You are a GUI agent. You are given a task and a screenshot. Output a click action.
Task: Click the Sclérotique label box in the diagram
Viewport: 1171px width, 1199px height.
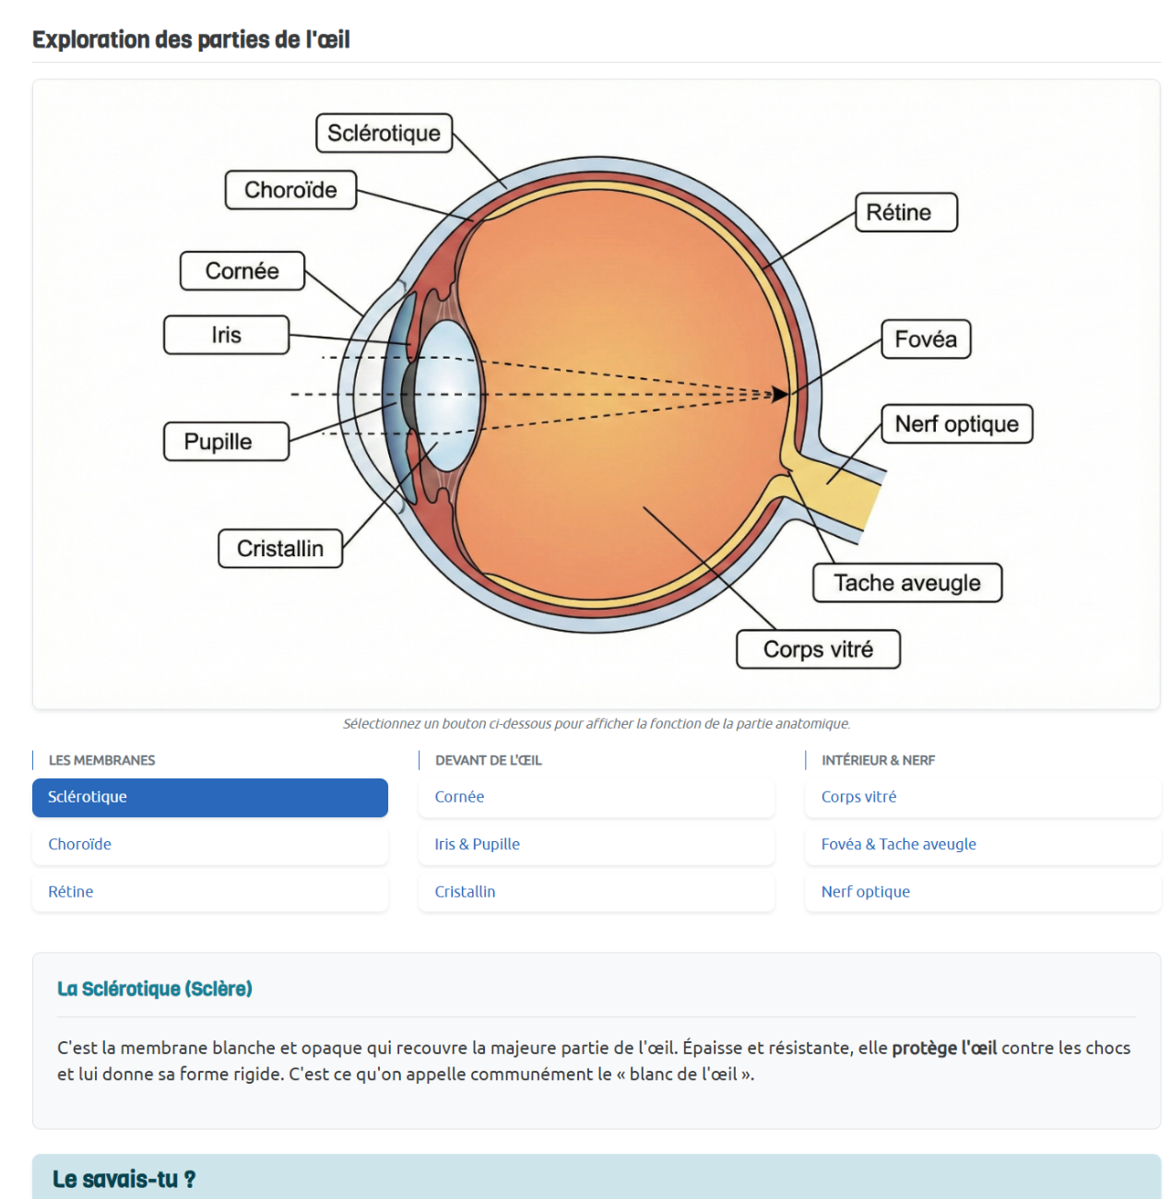click(x=384, y=134)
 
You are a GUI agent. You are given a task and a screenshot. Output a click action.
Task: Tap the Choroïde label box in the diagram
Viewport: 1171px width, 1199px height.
click(x=290, y=190)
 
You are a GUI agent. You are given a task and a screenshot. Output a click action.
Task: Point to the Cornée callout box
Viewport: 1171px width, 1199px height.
click(x=242, y=271)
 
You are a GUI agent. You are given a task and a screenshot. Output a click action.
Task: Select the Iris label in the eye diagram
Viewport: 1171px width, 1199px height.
click(x=226, y=335)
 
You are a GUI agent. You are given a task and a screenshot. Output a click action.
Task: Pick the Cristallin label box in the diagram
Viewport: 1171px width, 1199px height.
click(x=280, y=549)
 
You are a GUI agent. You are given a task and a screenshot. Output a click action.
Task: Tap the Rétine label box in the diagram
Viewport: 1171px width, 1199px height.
click(x=906, y=212)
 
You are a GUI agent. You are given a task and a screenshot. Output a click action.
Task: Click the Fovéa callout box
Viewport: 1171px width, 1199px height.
click(x=926, y=339)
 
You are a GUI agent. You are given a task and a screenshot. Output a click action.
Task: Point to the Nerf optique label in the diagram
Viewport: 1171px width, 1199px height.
click(x=956, y=424)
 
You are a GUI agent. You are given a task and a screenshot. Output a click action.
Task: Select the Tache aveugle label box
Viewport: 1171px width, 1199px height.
click(x=906, y=583)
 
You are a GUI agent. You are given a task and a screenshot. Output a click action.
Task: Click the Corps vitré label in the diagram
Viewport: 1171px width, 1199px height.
click(x=818, y=649)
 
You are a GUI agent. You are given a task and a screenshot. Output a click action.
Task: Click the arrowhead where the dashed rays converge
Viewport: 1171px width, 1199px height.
click(x=781, y=395)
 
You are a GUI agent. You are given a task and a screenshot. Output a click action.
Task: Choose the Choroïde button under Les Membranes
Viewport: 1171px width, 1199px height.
click(x=210, y=844)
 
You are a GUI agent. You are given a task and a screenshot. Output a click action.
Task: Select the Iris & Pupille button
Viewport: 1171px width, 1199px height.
click(x=596, y=844)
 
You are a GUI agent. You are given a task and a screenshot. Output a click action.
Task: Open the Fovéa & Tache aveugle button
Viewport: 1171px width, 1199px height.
click(x=982, y=844)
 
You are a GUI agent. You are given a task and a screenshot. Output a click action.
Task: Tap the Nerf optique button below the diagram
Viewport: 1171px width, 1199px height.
click(x=982, y=892)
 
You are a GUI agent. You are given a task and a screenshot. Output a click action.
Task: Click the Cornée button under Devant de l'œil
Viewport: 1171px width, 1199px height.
click(x=596, y=797)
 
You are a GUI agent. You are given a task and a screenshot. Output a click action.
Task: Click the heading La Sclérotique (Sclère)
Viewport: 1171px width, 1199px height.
click(x=155, y=989)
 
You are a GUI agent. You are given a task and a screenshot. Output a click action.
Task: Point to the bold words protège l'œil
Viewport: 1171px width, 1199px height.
click(x=944, y=1048)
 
